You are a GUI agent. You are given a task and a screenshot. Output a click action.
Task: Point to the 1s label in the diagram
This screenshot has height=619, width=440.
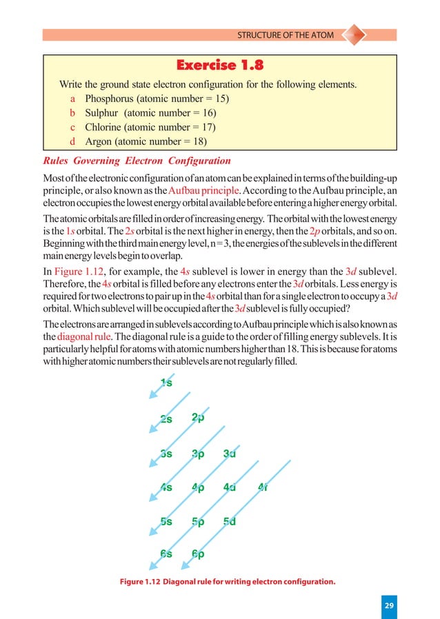pyautogui.click(x=166, y=383)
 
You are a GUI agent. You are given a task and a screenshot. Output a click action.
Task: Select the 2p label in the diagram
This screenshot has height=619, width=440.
pyautogui.click(x=199, y=418)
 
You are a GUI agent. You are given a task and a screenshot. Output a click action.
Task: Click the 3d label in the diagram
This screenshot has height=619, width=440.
pyautogui.click(x=230, y=454)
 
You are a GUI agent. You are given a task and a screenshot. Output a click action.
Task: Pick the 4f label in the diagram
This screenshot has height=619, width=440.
pyautogui.click(x=263, y=488)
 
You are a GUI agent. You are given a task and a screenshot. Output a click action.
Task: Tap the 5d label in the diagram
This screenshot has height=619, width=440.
pyautogui.click(x=230, y=522)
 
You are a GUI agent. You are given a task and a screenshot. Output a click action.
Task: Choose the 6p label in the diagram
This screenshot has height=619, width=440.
pyautogui.click(x=199, y=554)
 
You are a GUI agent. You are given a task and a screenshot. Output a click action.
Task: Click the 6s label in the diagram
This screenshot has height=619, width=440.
pyautogui.click(x=166, y=554)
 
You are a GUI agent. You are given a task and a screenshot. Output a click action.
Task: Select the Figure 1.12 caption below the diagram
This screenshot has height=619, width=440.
pyautogui.click(x=227, y=581)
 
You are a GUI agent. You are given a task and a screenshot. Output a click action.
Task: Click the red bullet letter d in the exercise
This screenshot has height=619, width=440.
pyautogui.click(x=64, y=142)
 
